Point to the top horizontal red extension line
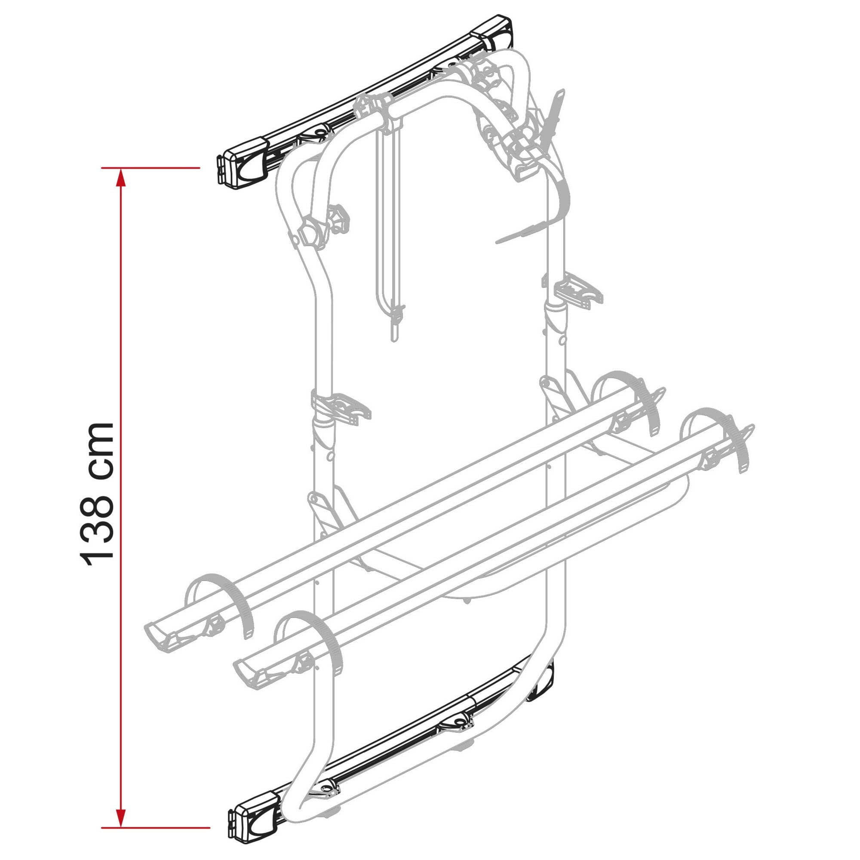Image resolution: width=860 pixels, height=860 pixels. click(151, 168)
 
